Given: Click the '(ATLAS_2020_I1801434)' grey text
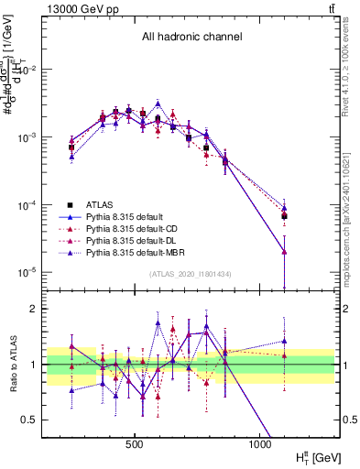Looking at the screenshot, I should pyautogui.click(x=190, y=275).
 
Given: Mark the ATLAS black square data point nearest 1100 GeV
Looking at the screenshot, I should pyautogui.click(x=285, y=216).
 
